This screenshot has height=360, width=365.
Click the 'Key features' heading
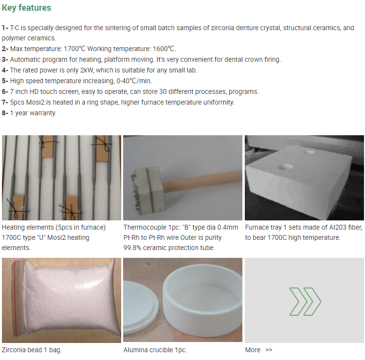click(x=26, y=8)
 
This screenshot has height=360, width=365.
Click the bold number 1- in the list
click(x=5, y=28)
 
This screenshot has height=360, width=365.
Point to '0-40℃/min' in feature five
click(x=134, y=81)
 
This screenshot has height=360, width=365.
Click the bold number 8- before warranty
click(x=5, y=113)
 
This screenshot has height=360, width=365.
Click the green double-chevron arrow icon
click(x=305, y=302)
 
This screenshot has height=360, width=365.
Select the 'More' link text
click(x=253, y=350)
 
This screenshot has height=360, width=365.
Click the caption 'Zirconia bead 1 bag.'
click(x=32, y=350)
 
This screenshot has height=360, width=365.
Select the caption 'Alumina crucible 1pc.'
click(x=155, y=350)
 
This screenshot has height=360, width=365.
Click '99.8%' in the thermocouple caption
click(x=132, y=248)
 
